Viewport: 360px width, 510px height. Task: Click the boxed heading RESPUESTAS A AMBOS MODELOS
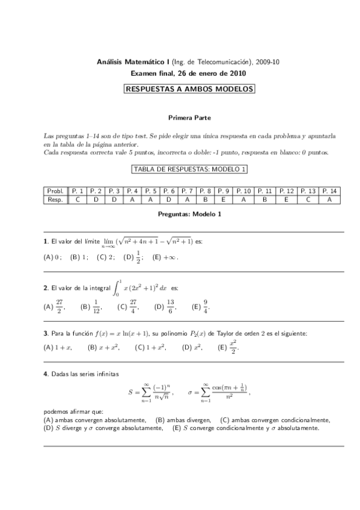[189, 90]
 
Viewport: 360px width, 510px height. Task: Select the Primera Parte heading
[189, 118]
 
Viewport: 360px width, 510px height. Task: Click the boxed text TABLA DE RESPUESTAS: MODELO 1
[189, 170]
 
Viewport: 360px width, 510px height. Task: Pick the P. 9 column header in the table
[224, 191]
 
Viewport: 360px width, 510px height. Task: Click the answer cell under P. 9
[224, 200]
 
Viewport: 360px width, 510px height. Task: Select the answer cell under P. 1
[78, 200]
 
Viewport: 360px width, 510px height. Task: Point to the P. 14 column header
[329, 191]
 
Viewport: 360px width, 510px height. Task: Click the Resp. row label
[55, 200]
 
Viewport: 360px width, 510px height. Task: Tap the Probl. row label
[55, 191]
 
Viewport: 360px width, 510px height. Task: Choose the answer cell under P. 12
[285, 200]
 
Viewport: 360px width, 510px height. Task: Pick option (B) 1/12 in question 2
[91, 307]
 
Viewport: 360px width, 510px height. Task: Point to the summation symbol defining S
[146, 392]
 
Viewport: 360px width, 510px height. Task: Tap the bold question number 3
[46, 333]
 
